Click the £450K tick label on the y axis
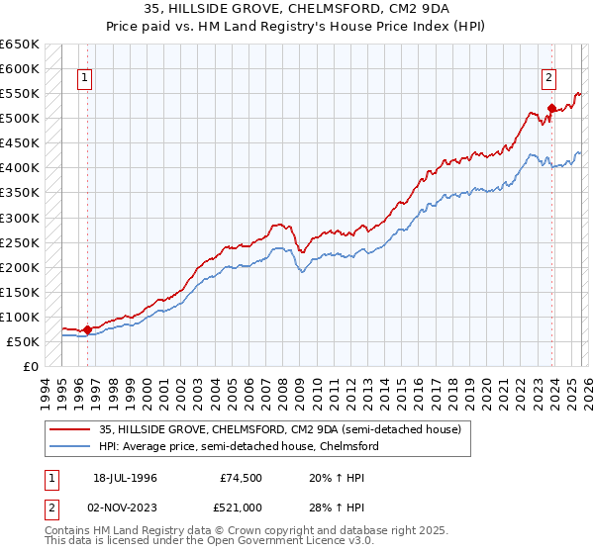19,143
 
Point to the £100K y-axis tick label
19,317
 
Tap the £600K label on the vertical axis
19,69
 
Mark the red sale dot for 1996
87,329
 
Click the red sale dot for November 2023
551,109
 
